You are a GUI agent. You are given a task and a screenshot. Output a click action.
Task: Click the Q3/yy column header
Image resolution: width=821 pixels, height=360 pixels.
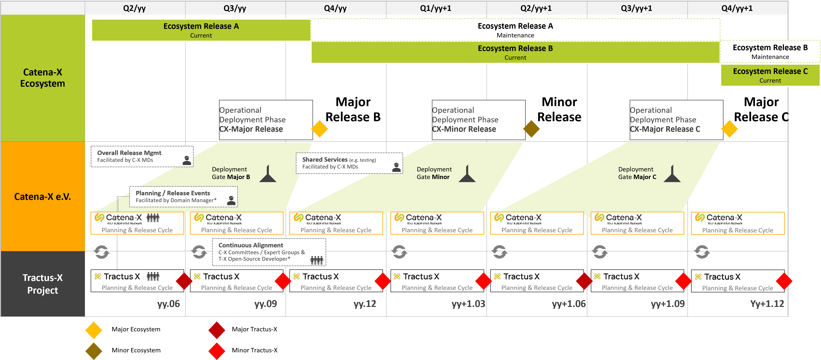click(235, 8)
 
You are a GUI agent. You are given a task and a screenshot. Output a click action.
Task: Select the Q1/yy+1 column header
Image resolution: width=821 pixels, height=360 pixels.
click(436, 8)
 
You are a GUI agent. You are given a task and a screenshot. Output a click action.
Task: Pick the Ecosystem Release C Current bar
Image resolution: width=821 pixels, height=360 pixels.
click(770, 75)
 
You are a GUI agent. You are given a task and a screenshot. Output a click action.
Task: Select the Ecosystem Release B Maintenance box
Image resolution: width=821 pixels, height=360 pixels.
click(770, 52)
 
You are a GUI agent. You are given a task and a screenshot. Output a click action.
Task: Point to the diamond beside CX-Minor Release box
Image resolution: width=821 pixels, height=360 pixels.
click(532, 129)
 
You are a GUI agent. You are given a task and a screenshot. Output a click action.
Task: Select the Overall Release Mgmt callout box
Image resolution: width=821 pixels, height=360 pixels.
click(142, 156)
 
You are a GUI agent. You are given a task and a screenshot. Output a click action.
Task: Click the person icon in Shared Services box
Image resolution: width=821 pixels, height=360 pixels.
click(396, 167)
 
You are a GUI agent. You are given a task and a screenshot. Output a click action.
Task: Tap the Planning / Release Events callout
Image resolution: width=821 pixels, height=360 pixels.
click(183, 196)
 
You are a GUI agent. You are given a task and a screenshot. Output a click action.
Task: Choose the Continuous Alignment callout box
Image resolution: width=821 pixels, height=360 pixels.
click(269, 252)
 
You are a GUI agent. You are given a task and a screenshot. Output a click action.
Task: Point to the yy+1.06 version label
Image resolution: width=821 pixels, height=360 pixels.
click(569, 304)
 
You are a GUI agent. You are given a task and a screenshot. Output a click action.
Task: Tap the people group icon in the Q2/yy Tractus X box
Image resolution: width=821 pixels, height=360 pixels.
click(153, 276)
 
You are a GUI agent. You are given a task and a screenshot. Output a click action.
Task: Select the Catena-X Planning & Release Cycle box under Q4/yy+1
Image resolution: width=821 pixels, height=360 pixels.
click(737, 223)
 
